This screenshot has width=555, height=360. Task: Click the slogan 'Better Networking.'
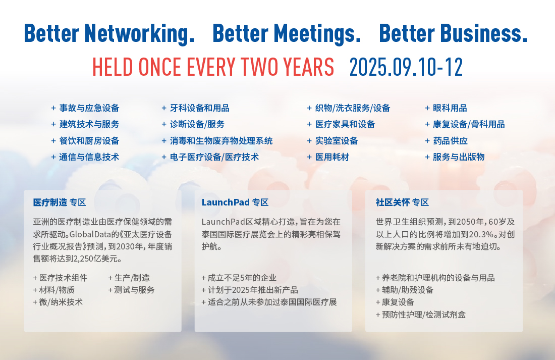(x=109, y=34)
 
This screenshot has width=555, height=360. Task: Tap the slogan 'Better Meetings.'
(x=287, y=34)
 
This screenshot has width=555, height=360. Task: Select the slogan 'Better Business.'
(x=453, y=33)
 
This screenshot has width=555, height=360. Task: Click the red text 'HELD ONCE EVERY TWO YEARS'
(x=213, y=67)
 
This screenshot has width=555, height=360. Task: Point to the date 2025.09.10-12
(x=406, y=67)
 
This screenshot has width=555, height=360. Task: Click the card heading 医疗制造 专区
(x=60, y=202)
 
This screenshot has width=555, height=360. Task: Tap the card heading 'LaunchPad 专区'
(x=235, y=202)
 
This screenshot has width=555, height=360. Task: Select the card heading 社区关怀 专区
(x=402, y=202)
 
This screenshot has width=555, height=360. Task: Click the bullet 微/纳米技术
(x=58, y=302)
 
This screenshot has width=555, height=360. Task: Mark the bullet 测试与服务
(x=131, y=290)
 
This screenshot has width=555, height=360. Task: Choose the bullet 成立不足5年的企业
(x=239, y=278)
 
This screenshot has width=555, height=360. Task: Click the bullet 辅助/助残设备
(x=405, y=290)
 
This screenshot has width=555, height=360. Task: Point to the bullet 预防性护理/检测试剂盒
(x=420, y=315)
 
